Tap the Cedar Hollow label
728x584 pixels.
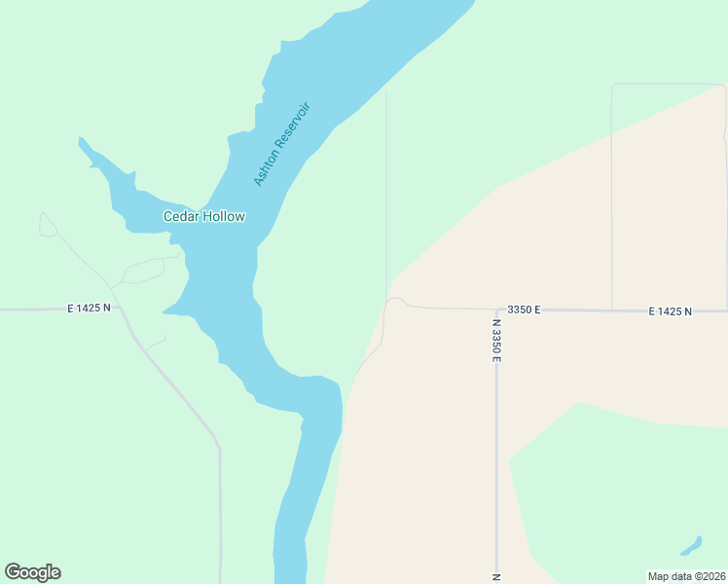pos(203,216)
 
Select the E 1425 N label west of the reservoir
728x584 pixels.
pos(89,308)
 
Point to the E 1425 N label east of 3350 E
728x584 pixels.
pos(670,310)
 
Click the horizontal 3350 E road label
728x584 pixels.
pos(524,310)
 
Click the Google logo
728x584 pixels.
pos(32,572)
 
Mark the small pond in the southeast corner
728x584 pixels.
pos(690,545)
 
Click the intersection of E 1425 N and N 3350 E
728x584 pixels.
pos(496,310)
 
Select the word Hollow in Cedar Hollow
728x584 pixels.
pos(224,216)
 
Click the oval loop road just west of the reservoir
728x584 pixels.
pos(143,271)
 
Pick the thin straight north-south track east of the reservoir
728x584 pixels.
pos(386,185)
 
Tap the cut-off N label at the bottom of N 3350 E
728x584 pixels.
pos(495,577)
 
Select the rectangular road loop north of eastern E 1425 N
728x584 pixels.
pos(668,195)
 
